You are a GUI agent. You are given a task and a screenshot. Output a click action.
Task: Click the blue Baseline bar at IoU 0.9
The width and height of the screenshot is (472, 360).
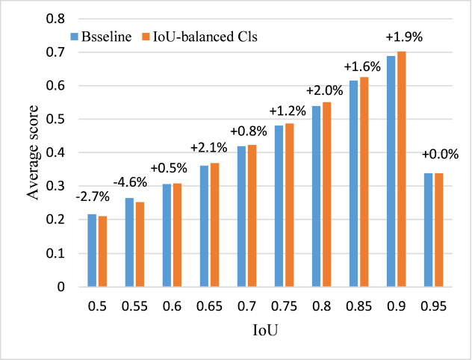tap(391, 171)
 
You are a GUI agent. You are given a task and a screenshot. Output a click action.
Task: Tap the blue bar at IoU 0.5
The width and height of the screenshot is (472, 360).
tap(92, 250)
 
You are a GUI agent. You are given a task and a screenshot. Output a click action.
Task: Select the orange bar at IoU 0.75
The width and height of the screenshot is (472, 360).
tap(289, 205)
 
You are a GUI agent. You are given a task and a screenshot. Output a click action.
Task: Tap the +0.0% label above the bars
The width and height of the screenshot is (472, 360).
tap(433, 155)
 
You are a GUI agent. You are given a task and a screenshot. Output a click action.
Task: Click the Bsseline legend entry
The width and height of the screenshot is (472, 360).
tap(104, 37)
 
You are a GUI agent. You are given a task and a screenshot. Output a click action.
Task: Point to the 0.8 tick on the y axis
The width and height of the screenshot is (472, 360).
tap(52, 19)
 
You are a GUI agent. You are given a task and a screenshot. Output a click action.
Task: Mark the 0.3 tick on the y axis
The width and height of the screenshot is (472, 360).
tap(52, 187)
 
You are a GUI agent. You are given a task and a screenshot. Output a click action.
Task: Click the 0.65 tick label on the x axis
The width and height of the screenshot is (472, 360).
tap(209, 306)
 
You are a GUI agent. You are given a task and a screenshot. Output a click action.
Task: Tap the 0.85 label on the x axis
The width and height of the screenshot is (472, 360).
tap(358, 306)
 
